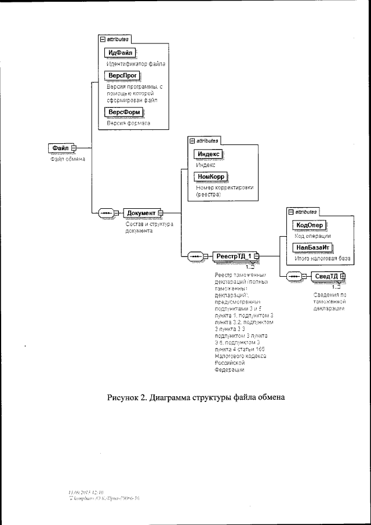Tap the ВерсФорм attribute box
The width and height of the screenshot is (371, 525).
click(123, 112)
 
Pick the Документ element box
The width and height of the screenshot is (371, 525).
click(141, 212)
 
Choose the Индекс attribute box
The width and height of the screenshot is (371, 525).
click(208, 154)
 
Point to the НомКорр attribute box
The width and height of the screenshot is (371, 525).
click(210, 176)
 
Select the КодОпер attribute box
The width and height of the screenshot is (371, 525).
click(309, 225)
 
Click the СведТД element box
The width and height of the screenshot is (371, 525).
click(327, 276)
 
